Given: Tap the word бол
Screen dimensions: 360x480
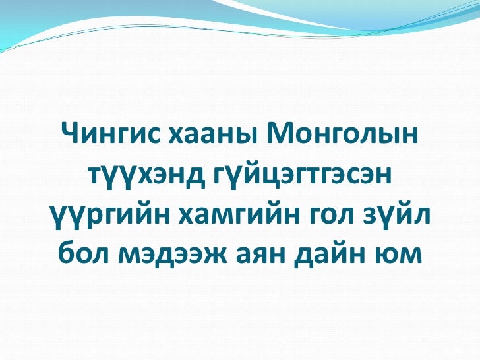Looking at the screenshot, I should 82,253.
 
